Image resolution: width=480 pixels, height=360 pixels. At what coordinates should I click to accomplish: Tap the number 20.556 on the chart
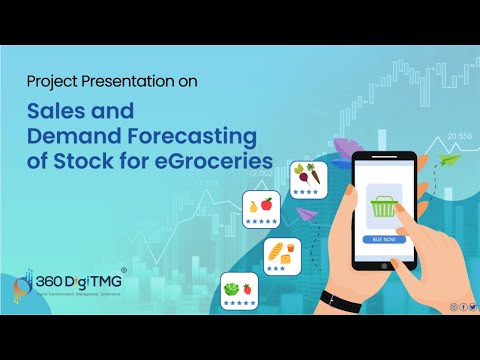tap(460, 135)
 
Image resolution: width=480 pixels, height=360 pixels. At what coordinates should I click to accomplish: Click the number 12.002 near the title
tap(261, 172)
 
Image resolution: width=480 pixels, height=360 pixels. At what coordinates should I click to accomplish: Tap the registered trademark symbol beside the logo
tap(123, 270)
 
